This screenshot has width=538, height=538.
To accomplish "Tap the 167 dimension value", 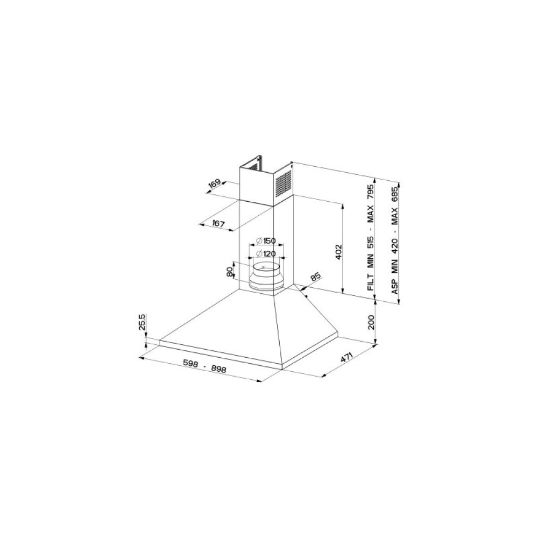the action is [x=218, y=224].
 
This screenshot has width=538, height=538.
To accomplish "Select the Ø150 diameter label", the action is [x=266, y=241].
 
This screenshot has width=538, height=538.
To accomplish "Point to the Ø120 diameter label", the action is [x=266, y=254].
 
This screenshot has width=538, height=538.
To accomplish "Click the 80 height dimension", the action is [x=230, y=272].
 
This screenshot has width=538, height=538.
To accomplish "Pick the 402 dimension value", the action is [x=338, y=252].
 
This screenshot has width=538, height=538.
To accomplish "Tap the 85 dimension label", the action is [x=316, y=277].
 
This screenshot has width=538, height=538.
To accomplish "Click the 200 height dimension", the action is [x=371, y=322].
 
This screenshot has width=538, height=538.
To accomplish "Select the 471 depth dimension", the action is [x=347, y=357].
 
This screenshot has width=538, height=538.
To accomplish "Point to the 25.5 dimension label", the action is [x=143, y=322].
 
